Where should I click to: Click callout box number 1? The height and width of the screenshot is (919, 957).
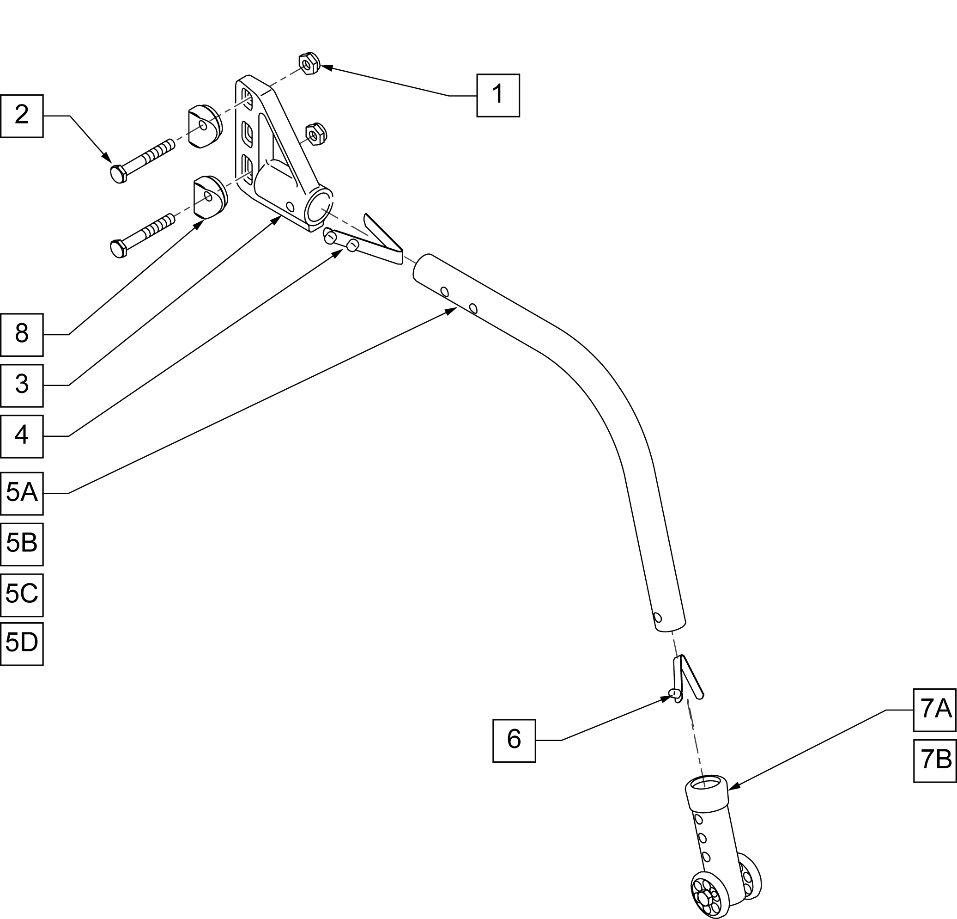click(x=497, y=95)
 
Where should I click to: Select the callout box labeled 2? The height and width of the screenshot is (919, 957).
click(x=22, y=116)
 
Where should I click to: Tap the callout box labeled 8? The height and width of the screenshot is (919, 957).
click(x=22, y=335)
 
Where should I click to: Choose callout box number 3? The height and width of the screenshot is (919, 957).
click(x=22, y=386)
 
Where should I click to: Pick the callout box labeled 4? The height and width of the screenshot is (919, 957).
click(x=22, y=436)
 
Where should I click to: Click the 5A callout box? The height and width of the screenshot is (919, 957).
click(x=22, y=493)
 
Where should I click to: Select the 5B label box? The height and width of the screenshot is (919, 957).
click(x=22, y=544)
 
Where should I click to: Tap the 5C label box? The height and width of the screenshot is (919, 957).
click(x=22, y=595)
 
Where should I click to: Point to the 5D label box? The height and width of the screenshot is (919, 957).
click(x=22, y=644)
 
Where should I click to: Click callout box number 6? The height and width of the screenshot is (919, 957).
click(x=514, y=741)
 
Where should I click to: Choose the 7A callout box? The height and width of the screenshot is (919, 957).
click(x=934, y=710)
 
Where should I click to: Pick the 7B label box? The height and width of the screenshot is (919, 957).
click(x=934, y=761)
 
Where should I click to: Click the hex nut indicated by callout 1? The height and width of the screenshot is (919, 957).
click(x=309, y=63)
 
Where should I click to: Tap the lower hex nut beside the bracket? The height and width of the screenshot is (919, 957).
click(x=315, y=135)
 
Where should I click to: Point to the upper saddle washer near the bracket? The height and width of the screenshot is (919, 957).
click(x=205, y=126)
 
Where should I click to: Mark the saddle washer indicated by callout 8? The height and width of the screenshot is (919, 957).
click(x=211, y=196)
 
